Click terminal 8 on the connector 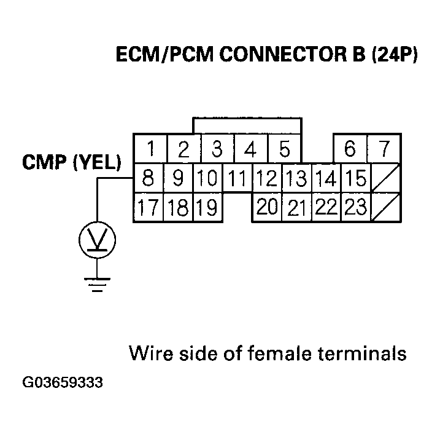click(x=148, y=178)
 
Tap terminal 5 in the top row click(x=284, y=149)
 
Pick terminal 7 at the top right click(x=384, y=149)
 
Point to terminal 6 click(x=350, y=149)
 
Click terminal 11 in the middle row click(x=237, y=179)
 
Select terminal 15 click(x=354, y=179)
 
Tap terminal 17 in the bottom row click(x=148, y=208)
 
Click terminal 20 click(x=267, y=208)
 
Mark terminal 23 click(x=354, y=208)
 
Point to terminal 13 click(x=296, y=179)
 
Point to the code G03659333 click(x=63, y=382)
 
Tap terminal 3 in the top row click(x=217, y=149)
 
